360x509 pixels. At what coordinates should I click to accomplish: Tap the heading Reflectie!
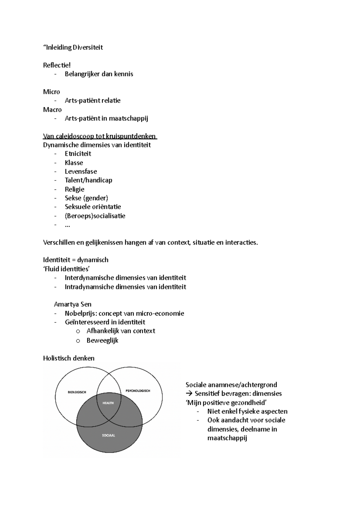click(x=57, y=65)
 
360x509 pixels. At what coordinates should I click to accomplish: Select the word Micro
click(x=51, y=92)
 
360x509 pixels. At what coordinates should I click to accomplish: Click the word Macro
click(x=52, y=109)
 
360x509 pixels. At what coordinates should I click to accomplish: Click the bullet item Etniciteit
click(x=78, y=154)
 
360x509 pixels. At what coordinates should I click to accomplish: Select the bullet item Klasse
click(x=74, y=163)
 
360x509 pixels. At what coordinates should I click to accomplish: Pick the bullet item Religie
click(x=74, y=189)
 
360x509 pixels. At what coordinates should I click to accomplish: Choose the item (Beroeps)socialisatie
click(x=95, y=216)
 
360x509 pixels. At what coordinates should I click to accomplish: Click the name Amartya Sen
click(x=73, y=304)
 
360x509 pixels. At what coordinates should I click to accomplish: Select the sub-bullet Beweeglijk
click(x=102, y=340)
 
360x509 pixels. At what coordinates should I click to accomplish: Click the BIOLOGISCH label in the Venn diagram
click(x=77, y=392)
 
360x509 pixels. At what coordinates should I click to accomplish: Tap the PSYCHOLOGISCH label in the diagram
click(x=138, y=391)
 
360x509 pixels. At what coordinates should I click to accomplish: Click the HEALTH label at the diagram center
click(x=108, y=403)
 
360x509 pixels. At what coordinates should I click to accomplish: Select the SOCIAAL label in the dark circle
click(x=108, y=435)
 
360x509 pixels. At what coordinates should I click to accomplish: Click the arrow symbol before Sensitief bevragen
click(x=189, y=394)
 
